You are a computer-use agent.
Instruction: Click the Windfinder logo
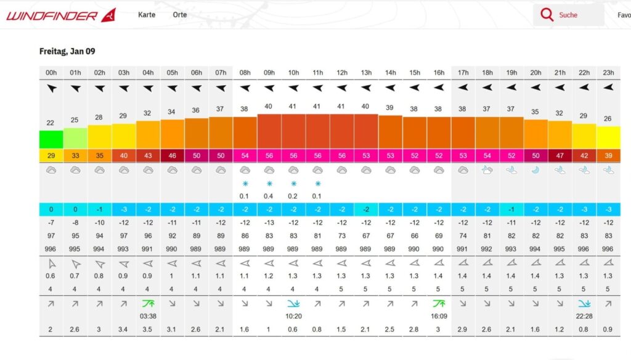tap(60, 15)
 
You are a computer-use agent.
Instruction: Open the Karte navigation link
tap(147, 14)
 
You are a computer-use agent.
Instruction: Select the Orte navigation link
tap(180, 14)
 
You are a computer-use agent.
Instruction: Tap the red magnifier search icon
tap(547, 15)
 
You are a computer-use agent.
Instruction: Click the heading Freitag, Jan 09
tap(67, 52)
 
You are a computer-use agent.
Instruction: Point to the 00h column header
tap(51, 73)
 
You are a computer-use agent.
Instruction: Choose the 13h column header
tap(366, 73)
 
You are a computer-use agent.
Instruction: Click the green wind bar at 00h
tap(51, 139)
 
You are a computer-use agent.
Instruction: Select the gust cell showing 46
tap(172, 156)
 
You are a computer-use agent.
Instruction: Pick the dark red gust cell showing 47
tap(560, 156)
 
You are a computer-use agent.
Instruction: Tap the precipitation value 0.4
tap(269, 196)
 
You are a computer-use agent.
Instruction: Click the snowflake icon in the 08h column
tap(245, 184)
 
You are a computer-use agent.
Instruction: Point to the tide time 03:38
tap(148, 316)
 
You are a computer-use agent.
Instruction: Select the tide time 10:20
tap(293, 316)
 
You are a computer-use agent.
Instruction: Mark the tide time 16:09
tap(439, 316)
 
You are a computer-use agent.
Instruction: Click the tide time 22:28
tap(584, 316)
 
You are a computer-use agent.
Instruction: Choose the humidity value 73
tap(342, 236)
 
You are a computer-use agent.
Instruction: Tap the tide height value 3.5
tap(148, 330)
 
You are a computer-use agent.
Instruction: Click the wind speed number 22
tap(51, 123)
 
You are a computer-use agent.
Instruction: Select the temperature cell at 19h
tap(511, 210)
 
